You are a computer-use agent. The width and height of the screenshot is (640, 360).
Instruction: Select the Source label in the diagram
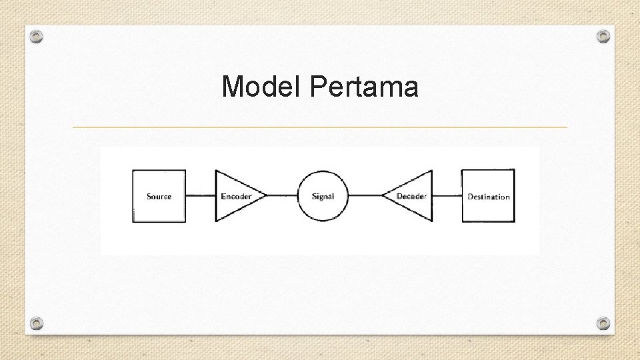click(159, 197)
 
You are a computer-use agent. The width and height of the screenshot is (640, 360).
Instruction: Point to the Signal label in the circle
click(323, 197)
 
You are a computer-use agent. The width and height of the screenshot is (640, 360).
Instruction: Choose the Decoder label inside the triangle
click(411, 197)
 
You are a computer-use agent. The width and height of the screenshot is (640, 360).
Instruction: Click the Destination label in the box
click(488, 197)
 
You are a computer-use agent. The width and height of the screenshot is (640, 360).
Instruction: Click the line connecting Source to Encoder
click(200, 196)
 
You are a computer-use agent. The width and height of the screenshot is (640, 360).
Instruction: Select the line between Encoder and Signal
click(281, 196)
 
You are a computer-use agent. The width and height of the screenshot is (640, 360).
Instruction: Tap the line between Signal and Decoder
click(365, 196)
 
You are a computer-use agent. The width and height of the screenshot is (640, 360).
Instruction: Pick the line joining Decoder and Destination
click(447, 196)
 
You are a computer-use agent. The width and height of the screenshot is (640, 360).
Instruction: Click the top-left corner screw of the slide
click(37, 37)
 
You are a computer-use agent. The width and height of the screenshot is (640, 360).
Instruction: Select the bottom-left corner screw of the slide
click(37, 323)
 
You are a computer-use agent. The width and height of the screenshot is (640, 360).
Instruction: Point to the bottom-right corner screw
click(603, 323)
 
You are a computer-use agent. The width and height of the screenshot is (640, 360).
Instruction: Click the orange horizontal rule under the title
click(320, 127)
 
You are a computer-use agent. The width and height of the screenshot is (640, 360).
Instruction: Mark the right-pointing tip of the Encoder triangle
click(265, 196)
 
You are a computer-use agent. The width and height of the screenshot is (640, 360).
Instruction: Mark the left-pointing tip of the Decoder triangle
click(383, 196)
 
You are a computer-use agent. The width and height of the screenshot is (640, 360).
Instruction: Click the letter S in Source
click(149, 197)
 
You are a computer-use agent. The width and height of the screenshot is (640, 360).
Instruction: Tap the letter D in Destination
click(470, 197)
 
